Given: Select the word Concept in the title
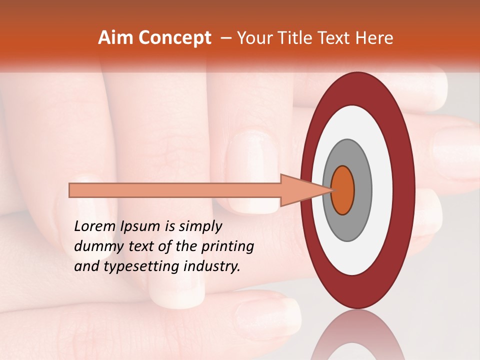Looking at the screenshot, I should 175,38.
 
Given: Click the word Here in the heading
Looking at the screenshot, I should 374,38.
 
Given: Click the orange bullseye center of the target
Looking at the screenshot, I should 343,190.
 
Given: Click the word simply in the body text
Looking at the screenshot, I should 199,226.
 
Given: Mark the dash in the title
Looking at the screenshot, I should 225,38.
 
